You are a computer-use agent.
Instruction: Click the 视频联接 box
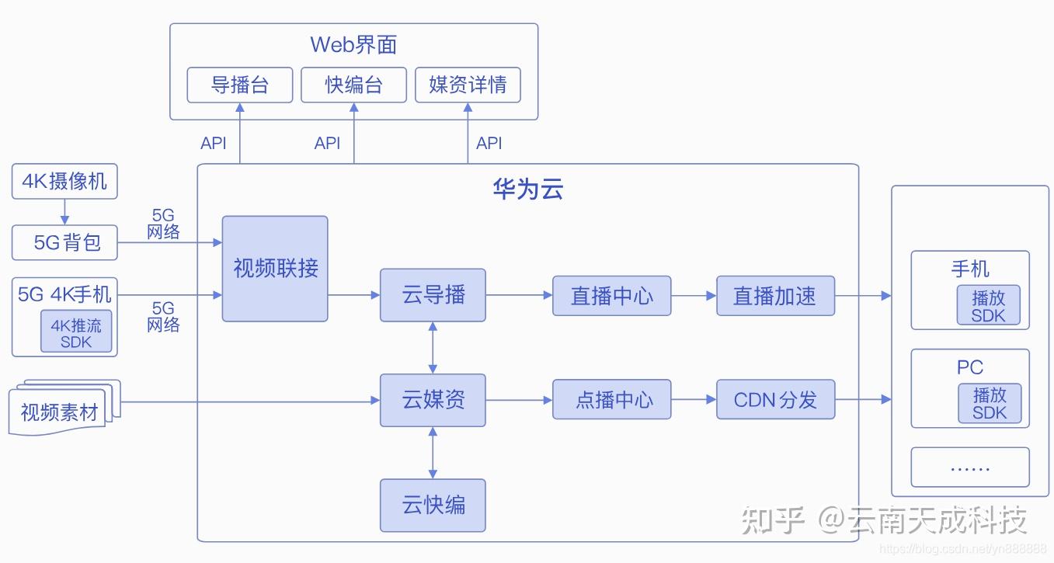point(275,269)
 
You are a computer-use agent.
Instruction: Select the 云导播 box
point(433,295)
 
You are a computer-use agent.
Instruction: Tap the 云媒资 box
point(433,400)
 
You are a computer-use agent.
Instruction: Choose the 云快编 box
point(433,506)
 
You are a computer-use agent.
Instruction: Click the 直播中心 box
point(611,296)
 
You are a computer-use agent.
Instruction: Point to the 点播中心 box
point(611,400)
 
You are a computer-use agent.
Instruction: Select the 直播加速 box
point(775,296)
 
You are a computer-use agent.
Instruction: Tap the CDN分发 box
point(775,400)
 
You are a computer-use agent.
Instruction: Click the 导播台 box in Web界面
point(240,85)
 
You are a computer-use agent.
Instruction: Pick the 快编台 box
point(353,85)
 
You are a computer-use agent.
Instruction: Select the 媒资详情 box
point(468,85)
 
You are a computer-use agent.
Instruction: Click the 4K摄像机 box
point(64,182)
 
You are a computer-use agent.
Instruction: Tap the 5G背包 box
point(64,243)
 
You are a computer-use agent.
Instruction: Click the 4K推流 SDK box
point(76,332)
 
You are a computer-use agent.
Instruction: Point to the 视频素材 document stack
point(62,410)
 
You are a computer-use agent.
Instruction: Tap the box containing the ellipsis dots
point(969,467)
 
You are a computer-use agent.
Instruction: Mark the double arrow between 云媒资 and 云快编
point(433,453)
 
